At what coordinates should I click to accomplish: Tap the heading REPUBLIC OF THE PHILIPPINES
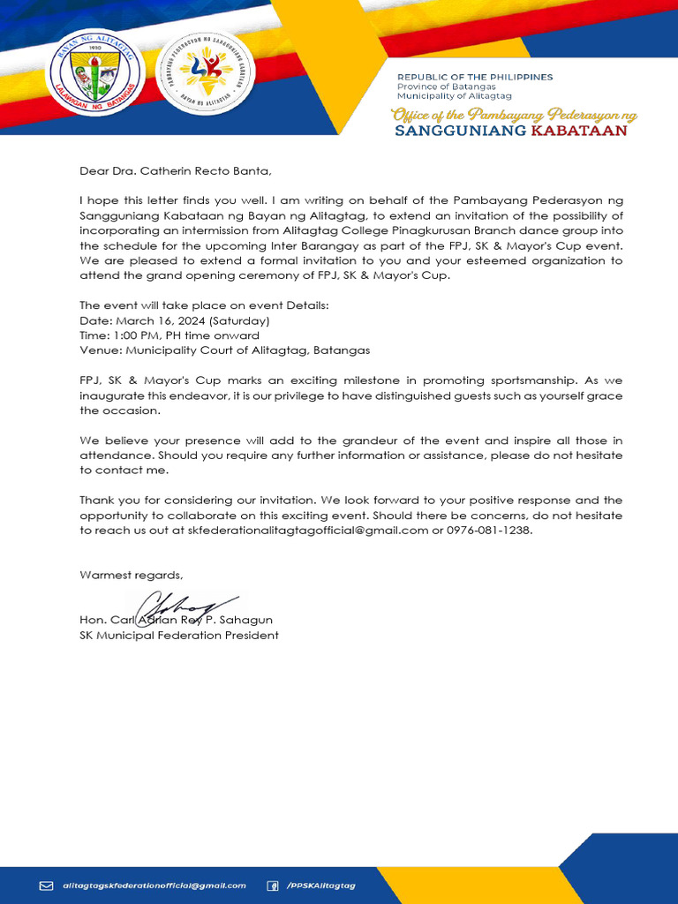pyautogui.click(x=474, y=77)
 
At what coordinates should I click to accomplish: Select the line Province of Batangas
pyautogui.click(x=446, y=87)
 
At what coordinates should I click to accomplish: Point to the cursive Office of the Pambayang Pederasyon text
pyautogui.click(x=514, y=115)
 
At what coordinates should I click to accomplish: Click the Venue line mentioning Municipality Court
pyautogui.click(x=224, y=350)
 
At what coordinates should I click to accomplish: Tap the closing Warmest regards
pyautogui.click(x=132, y=575)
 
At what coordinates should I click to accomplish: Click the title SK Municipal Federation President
pyautogui.click(x=179, y=636)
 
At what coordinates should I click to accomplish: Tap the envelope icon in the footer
pyautogui.click(x=47, y=885)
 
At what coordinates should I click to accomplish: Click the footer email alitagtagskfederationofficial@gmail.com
pyautogui.click(x=154, y=885)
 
